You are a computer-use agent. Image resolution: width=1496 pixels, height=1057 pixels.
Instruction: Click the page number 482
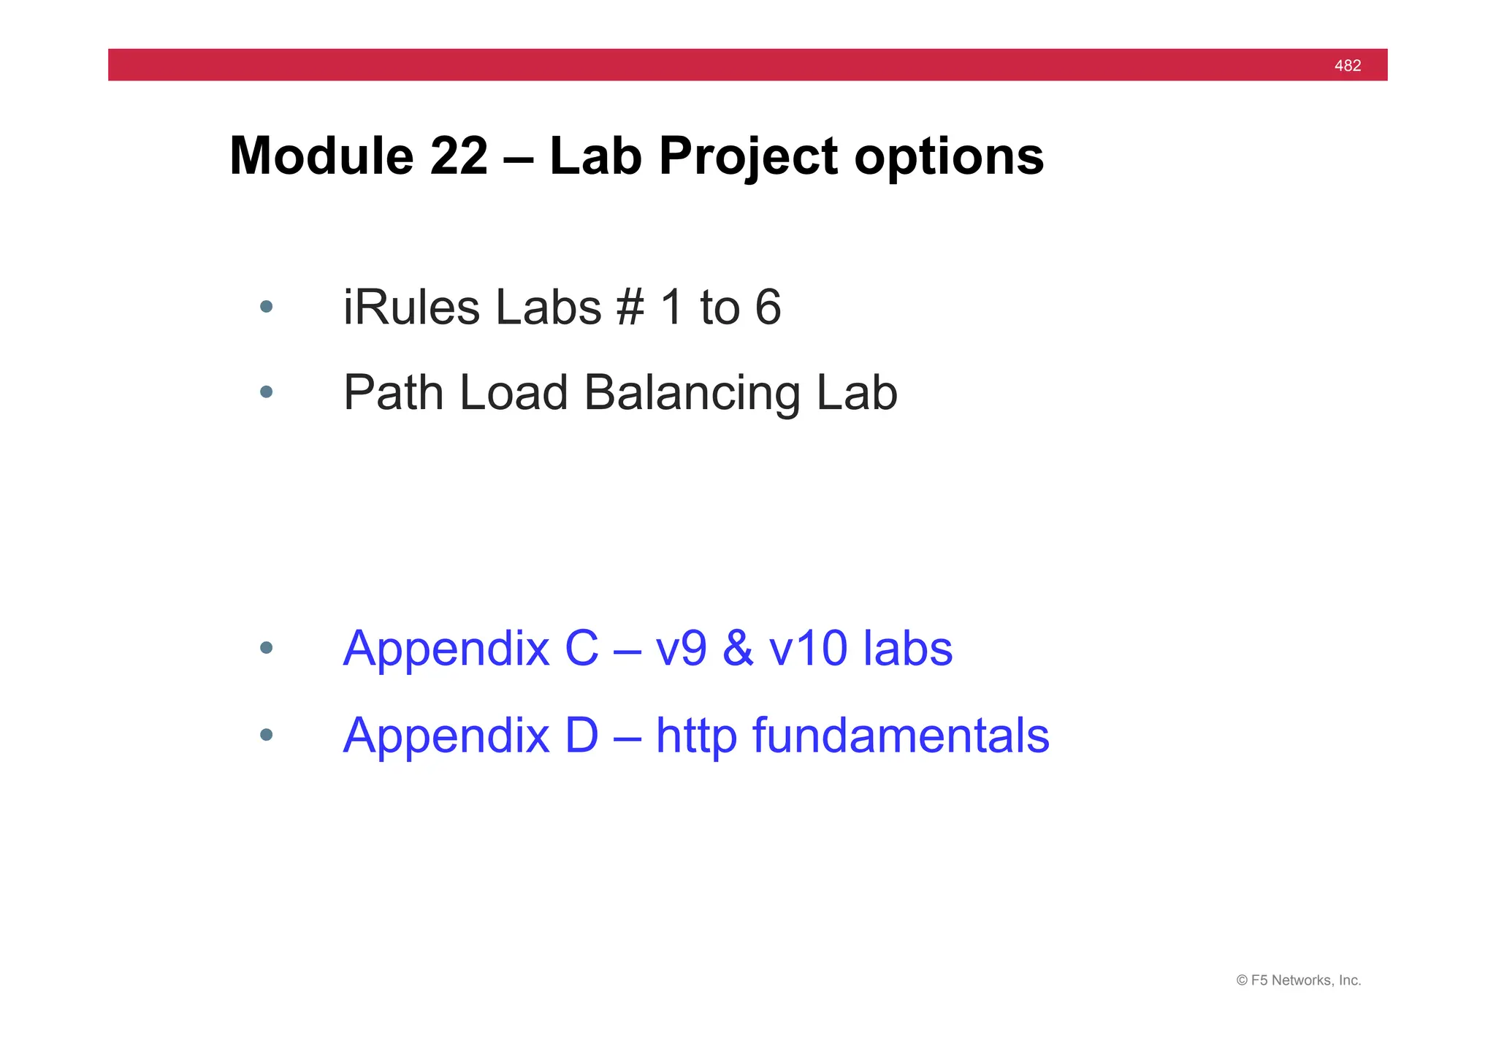tap(1347, 66)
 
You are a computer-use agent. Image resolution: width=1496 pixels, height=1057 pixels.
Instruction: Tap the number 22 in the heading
tap(459, 156)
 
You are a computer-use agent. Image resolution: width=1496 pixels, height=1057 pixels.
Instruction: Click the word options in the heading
tap(949, 158)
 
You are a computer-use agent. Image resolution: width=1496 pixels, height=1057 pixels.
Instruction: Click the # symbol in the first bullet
tap(630, 308)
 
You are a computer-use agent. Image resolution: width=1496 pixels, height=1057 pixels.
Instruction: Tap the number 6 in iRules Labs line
tap(768, 308)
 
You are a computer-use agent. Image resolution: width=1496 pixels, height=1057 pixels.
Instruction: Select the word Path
tap(393, 393)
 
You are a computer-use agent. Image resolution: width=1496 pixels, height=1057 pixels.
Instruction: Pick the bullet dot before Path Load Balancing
tap(266, 392)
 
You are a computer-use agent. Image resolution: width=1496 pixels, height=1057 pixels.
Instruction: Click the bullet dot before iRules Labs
tap(266, 307)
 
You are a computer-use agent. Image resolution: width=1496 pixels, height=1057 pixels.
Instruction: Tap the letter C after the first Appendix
tap(581, 648)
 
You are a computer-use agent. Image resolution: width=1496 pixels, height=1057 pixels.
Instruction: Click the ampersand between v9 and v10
tap(738, 648)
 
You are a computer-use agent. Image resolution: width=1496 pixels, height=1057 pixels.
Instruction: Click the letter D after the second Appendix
tap(581, 735)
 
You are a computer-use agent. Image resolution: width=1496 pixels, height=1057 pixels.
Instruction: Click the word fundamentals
tap(900, 735)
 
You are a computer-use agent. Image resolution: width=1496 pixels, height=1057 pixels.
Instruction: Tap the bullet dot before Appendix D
tap(266, 734)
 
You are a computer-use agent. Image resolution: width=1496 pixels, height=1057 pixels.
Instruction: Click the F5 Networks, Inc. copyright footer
tap(1298, 980)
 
